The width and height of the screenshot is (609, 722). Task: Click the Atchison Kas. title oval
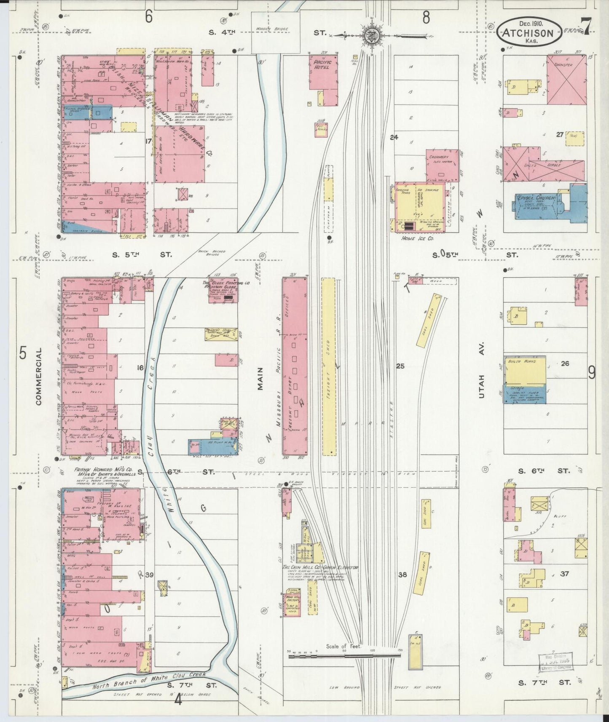click(x=529, y=32)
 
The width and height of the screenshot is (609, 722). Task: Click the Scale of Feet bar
click(x=344, y=656)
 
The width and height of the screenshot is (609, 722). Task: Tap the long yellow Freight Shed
click(x=328, y=366)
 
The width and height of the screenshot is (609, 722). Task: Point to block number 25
click(x=400, y=366)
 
